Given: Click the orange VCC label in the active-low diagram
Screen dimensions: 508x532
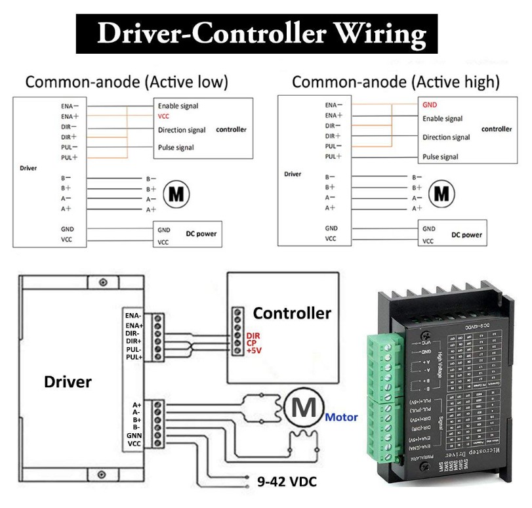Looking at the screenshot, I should [x=164, y=116].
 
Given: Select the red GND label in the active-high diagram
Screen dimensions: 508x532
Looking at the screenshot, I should [x=430, y=105].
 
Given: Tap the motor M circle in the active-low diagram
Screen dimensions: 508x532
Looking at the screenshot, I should [x=176, y=194].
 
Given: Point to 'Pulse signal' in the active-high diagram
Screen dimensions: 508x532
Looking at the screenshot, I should [x=440, y=158].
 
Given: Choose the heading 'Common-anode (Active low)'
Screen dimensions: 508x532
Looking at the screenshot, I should [x=127, y=83].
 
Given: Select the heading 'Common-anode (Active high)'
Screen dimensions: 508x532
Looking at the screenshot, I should [x=396, y=83].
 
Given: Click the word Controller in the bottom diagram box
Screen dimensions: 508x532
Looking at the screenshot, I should [x=292, y=313].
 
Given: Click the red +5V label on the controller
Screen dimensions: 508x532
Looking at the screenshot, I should [x=253, y=352].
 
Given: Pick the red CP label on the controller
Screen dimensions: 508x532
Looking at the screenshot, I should [x=251, y=343].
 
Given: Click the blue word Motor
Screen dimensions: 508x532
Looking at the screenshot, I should [x=341, y=417].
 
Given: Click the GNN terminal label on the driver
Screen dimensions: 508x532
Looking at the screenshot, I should [x=134, y=436].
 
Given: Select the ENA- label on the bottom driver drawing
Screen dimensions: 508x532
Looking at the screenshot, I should [x=133, y=316].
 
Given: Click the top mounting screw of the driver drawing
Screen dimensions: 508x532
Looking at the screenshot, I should [x=103, y=282].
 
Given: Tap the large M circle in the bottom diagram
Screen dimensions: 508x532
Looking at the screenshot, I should [x=303, y=408].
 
